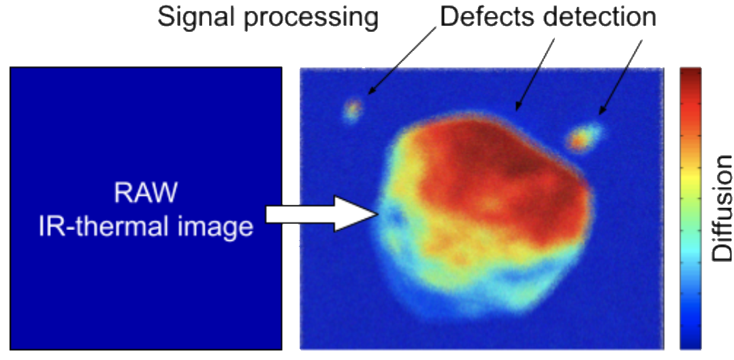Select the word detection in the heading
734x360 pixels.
[594, 16]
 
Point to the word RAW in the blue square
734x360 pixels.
[146, 193]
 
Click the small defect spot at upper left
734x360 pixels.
[353, 110]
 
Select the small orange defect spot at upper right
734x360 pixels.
[581, 138]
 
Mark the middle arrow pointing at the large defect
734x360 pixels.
[534, 75]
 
